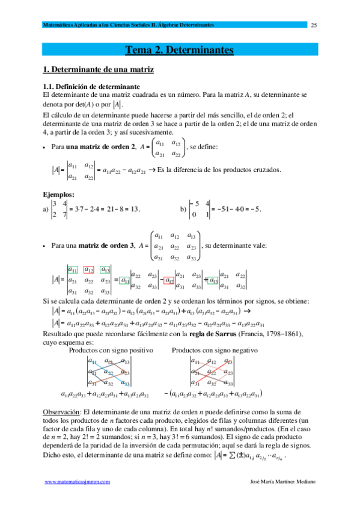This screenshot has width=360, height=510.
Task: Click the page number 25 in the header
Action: [313, 25]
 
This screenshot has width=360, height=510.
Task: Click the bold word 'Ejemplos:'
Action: [58, 194]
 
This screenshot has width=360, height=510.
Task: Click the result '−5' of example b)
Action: [254, 209]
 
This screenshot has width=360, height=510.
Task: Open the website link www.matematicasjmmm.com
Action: [78, 499]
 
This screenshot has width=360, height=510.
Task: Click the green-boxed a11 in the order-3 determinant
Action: [73, 269]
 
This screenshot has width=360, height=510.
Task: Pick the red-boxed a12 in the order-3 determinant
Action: [88, 269]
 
